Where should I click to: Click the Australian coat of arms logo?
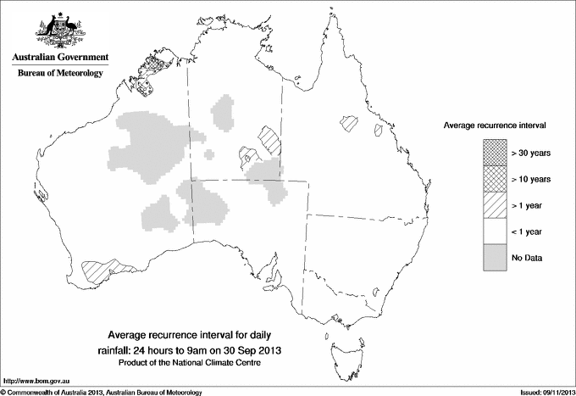[59, 30]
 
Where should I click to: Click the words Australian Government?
[59, 58]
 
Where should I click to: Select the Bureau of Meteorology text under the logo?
[59, 74]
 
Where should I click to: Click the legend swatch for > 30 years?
[493, 152]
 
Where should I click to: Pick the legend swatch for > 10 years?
[493, 178]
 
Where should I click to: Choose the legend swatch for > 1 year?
[493, 204]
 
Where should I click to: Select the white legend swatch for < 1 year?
[493, 231]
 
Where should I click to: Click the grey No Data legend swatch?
[493, 257]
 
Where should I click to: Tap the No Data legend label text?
[526, 257]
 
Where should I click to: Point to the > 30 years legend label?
[531, 152]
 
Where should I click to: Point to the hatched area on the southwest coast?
[102, 270]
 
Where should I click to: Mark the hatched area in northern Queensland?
[348, 123]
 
